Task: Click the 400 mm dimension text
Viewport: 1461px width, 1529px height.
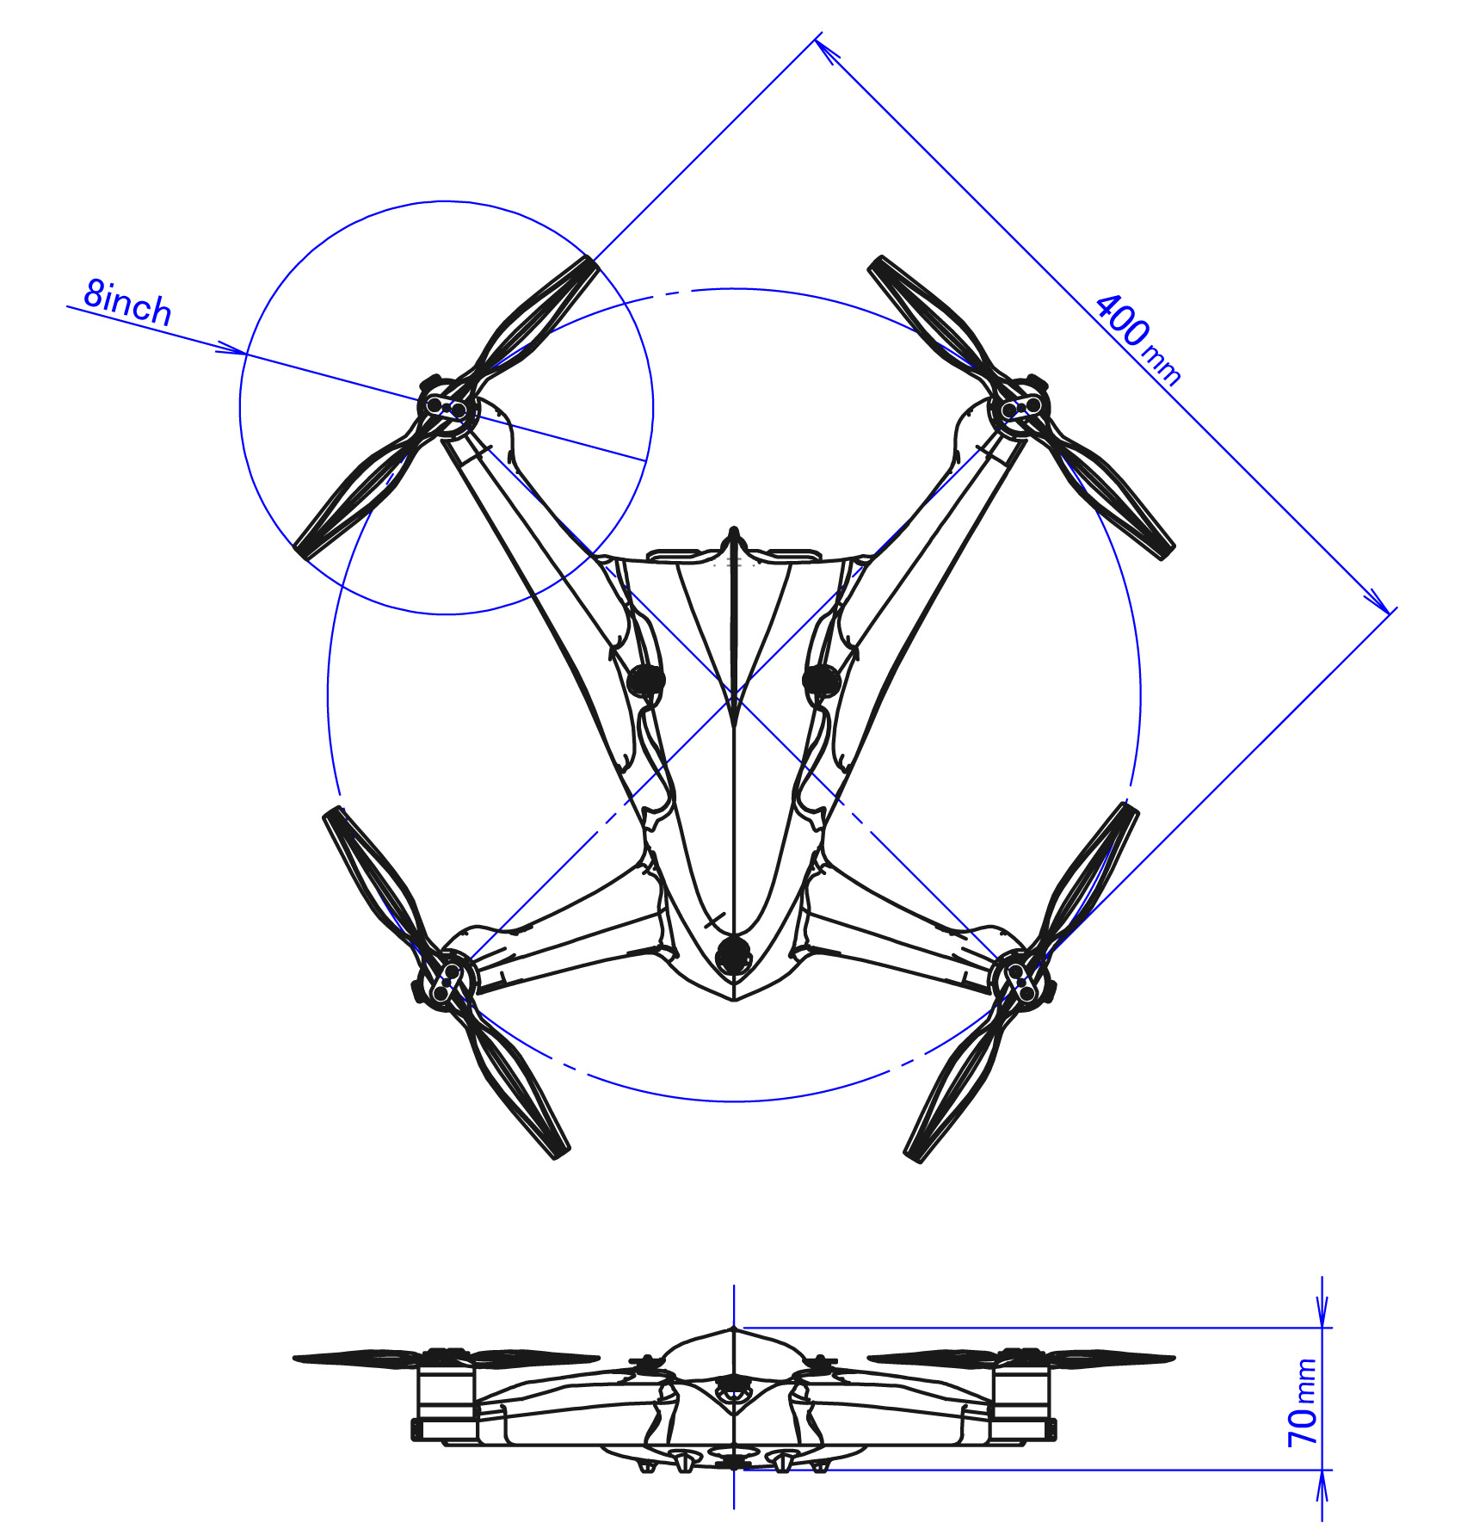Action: (x=1137, y=339)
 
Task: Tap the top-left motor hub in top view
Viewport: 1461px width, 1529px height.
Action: (x=447, y=407)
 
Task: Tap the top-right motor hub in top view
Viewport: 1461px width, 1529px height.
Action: (x=1020, y=407)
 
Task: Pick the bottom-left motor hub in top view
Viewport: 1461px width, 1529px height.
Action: (x=445, y=978)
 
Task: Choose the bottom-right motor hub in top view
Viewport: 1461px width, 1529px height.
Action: (x=1022, y=978)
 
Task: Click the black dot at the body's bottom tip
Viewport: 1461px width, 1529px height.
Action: (x=733, y=954)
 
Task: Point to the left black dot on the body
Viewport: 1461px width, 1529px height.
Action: (x=645, y=681)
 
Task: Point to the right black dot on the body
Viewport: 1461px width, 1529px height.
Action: (x=821, y=681)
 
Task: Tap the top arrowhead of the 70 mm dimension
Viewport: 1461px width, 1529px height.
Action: (x=1323, y=1314)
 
